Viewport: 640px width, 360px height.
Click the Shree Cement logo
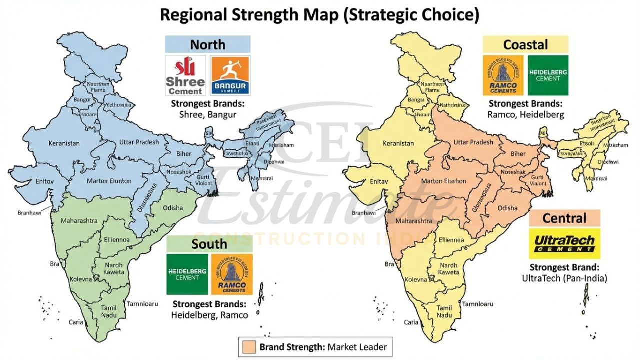tap(186, 75)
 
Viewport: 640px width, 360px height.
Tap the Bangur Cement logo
tap(230, 75)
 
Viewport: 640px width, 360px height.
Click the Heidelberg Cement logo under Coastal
tap(548, 75)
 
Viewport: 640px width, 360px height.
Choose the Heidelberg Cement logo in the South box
tap(186, 274)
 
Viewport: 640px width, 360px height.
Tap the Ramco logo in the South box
tap(232, 274)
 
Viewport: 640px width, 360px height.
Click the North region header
tap(208, 44)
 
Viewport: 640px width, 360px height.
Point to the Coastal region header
tap(526, 44)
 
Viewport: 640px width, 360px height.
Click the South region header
tap(209, 244)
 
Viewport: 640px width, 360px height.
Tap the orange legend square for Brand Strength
tap(248, 346)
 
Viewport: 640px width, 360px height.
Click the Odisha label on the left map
tap(173, 208)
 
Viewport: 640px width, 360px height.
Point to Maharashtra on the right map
tap(413, 220)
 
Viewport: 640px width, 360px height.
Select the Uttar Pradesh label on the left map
tap(139, 142)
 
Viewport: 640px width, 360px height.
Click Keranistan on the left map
tap(64, 143)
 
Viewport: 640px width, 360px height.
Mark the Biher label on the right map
tap(518, 154)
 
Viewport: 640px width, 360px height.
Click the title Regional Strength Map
tap(319, 15)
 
